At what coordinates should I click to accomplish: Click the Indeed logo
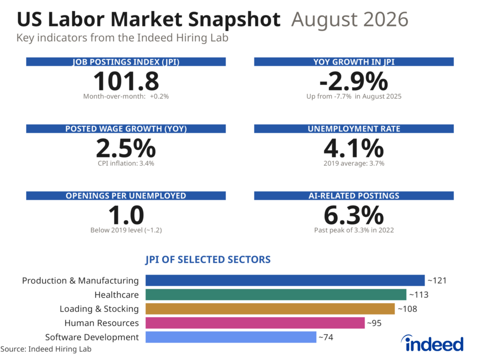pyautogui.click(x=432, y=344)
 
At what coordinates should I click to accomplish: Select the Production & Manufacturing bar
pyautogui.click(x=285, y=280)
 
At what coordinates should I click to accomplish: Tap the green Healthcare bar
pyautogui.click(x=276, y=294)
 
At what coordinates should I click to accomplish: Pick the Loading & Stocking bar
pyautogui.click(x=270, y=308)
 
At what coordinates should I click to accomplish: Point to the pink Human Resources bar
pyautogui.click(x=255, y=322)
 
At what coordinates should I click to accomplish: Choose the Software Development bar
pyautogui.click(x=231, y=337)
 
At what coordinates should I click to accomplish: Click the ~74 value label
pyautogui.click(x=326, y=337)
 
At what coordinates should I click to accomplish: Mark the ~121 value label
pyautogui.click(x=437, y=280)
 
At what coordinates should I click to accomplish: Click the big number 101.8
pyautogui.click(x=126, y=81)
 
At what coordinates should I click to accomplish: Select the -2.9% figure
pyautogui.click(x=353, y=81)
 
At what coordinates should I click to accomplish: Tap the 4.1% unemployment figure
pyautogui.click(x=353, y=148)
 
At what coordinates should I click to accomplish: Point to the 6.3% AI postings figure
pyautogui.click(x=353, y=215)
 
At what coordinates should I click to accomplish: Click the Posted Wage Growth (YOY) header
pyautogui.click(x=126, y=128)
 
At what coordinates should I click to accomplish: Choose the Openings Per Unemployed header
pyautogui.click(x=126, y=195)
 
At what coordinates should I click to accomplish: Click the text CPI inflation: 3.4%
pyautogui.click(x=126, y=164)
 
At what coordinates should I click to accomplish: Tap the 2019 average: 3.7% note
pyautogui.click(x=354, y=164)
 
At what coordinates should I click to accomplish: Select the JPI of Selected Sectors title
pyautogui.click(x=208, y=260)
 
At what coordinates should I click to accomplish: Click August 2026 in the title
pyautogui.click(x=350, y=19)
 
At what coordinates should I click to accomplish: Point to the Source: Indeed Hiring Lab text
pyautogui.click(x=46, y=349)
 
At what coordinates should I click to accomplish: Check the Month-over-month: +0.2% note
pyautogui.click(x=126, y=97)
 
